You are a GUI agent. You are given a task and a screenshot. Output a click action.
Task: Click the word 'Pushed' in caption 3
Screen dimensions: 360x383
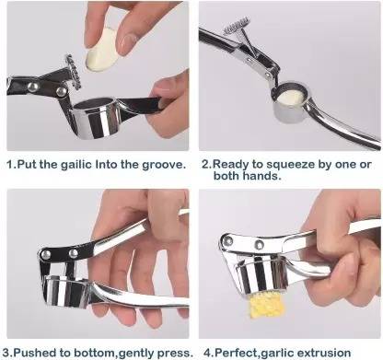pyautogui.click(x=37, y=352)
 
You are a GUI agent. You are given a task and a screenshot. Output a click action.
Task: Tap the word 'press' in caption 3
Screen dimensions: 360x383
pyautogui.click(x=174, y=352)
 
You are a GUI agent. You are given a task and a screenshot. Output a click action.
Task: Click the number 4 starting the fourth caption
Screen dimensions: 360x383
pyautogui.click(x=204, y=352)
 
